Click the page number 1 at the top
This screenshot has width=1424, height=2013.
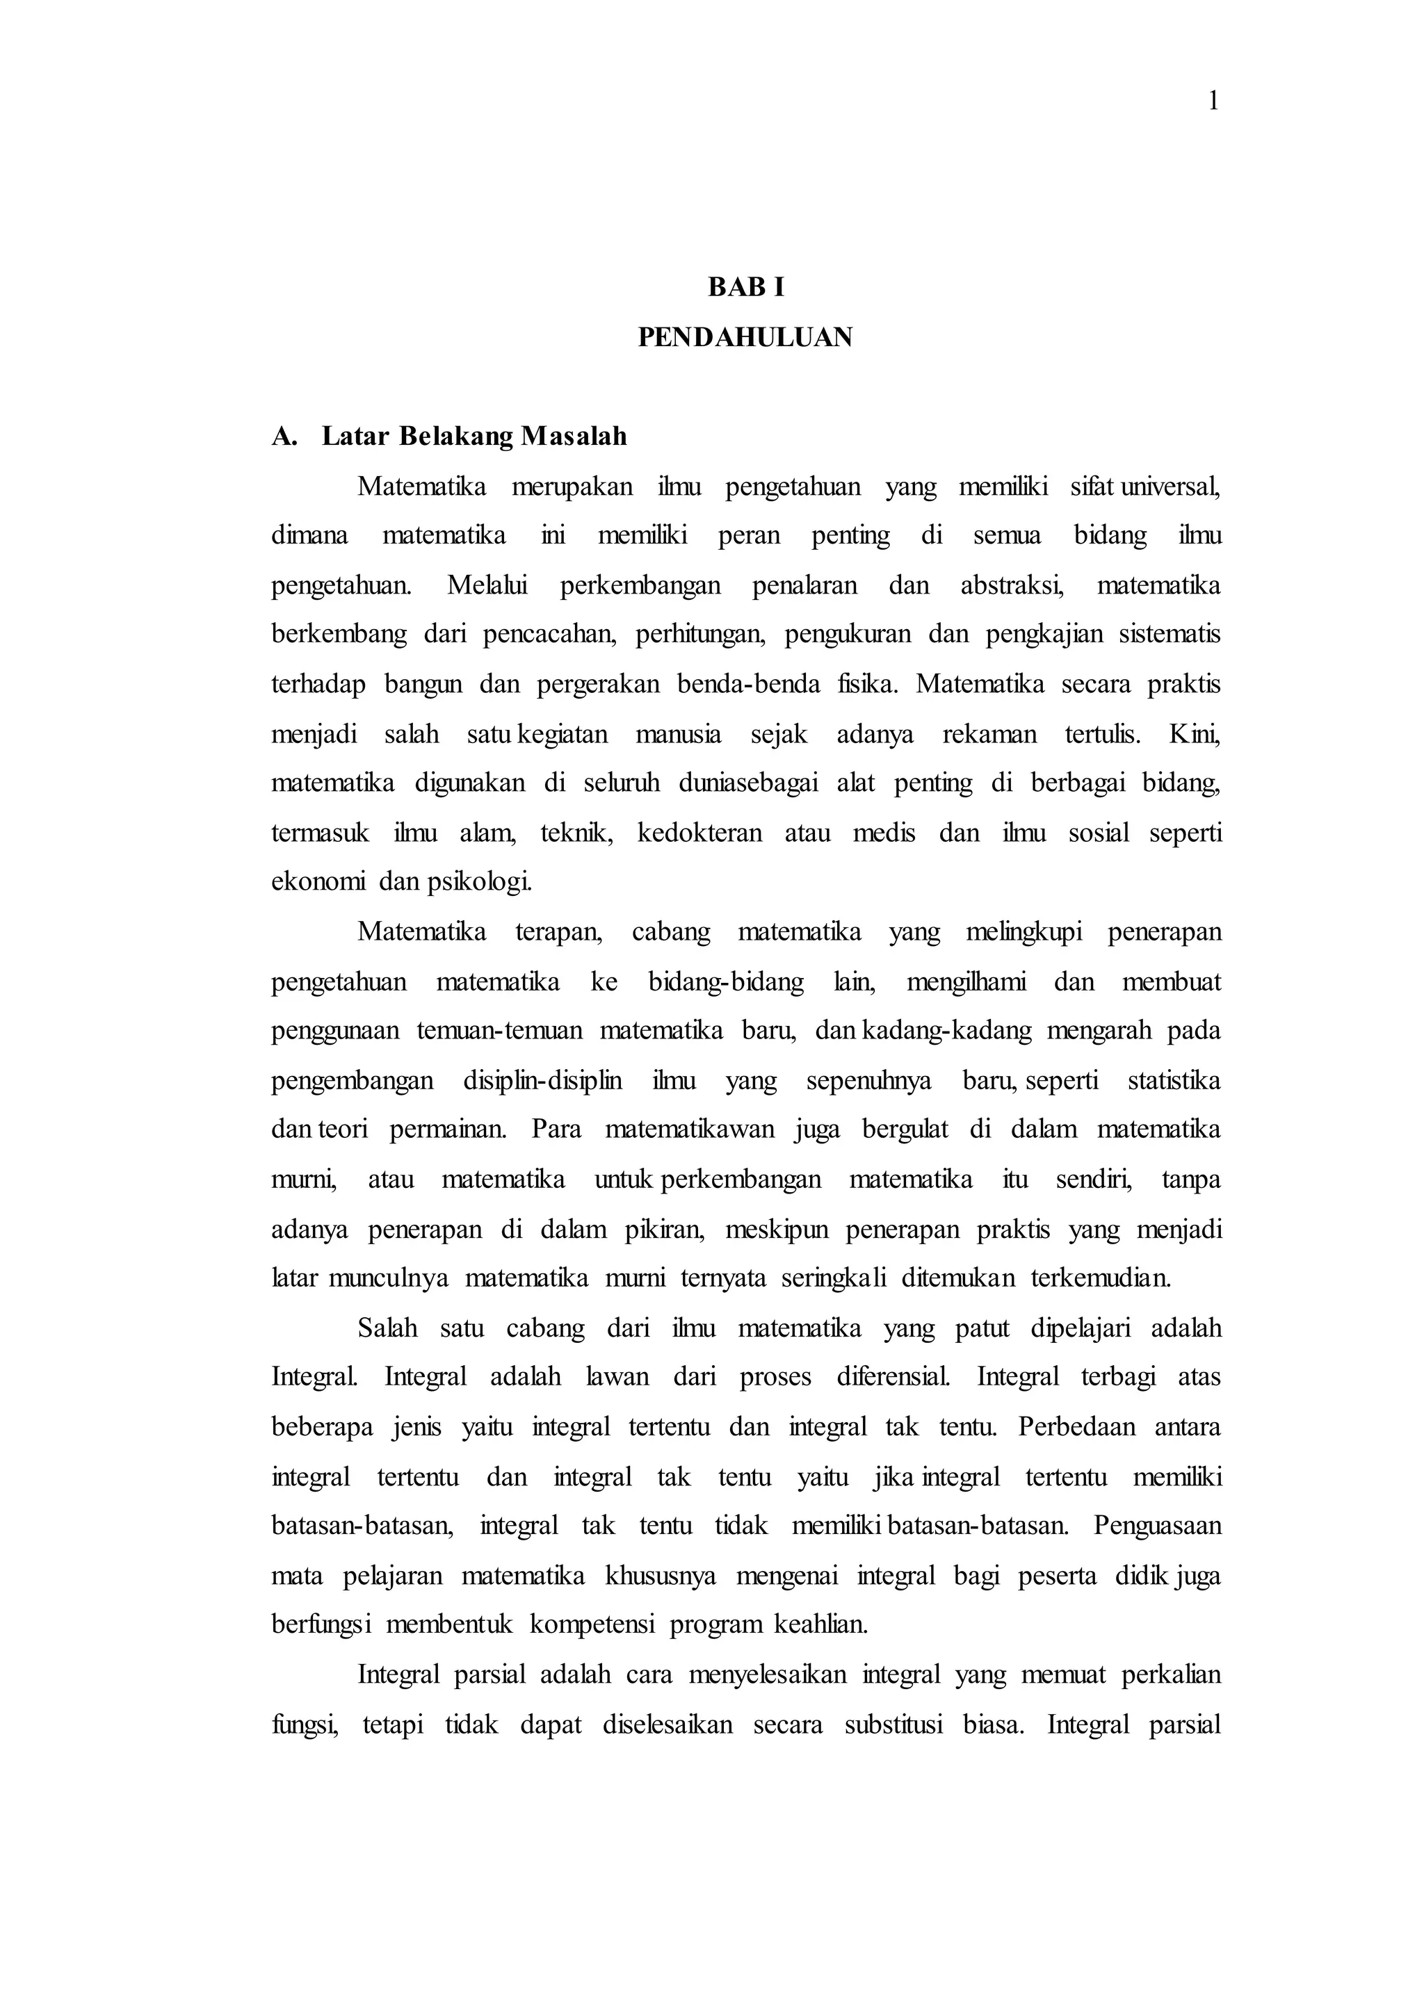pyautogui.click(x=1213, y=103)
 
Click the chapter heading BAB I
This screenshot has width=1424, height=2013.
pyautogui.click(x=746, y=286)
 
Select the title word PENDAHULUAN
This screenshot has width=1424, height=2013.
pyautogui.click(x=745, y=338)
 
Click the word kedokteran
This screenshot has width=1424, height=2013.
pyautogui.click(x=699, y=832)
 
